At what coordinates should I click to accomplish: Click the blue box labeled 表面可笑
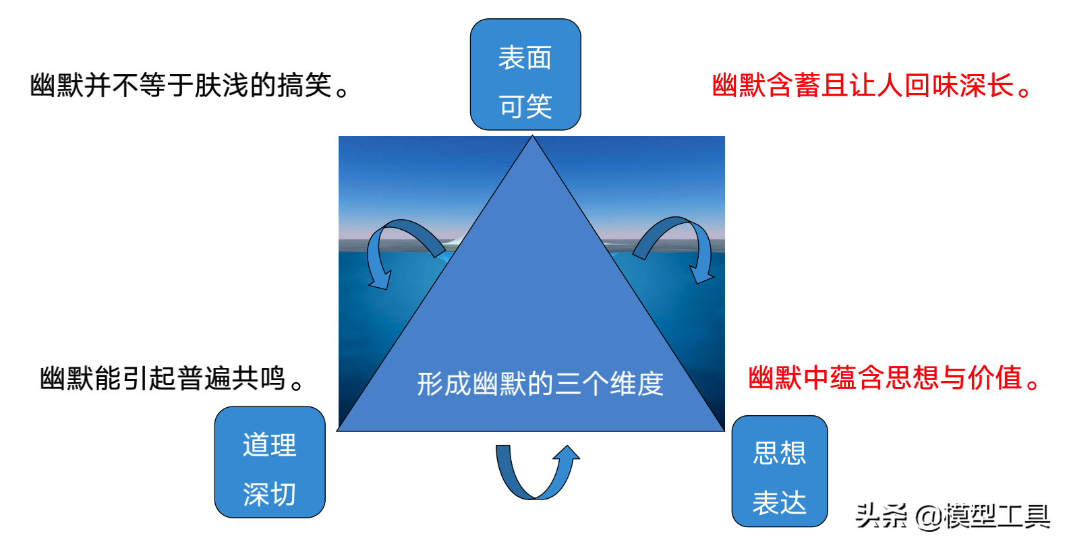click(x=525, y=74)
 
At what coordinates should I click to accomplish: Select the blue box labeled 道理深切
click(x=270, y=462)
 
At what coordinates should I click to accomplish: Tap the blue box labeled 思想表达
click(x=780, y=471)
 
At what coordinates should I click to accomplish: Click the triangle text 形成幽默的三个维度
click(x=540, y=384)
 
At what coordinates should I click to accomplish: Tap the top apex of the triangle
click(x=532, y=138)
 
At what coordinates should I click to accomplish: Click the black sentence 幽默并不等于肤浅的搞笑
click(x=189, y=86)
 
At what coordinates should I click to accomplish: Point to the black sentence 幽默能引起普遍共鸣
click(x=172, y=379)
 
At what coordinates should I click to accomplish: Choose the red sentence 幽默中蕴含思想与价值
click(x=894, y=378)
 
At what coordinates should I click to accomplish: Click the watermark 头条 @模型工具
click(x=952, y=516)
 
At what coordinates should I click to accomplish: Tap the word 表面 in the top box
click(x=525, y=58)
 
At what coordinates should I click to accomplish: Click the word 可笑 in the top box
click(x=525, y=107)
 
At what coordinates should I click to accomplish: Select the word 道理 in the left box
click(x=270, y=446)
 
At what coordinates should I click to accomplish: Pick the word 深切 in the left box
click(x=270, y=495)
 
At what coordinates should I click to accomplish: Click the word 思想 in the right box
click(x=780, y=453)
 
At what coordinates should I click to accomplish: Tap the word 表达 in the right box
click(x=780, y=503)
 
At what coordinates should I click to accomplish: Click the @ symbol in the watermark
click(x=928, y=517)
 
